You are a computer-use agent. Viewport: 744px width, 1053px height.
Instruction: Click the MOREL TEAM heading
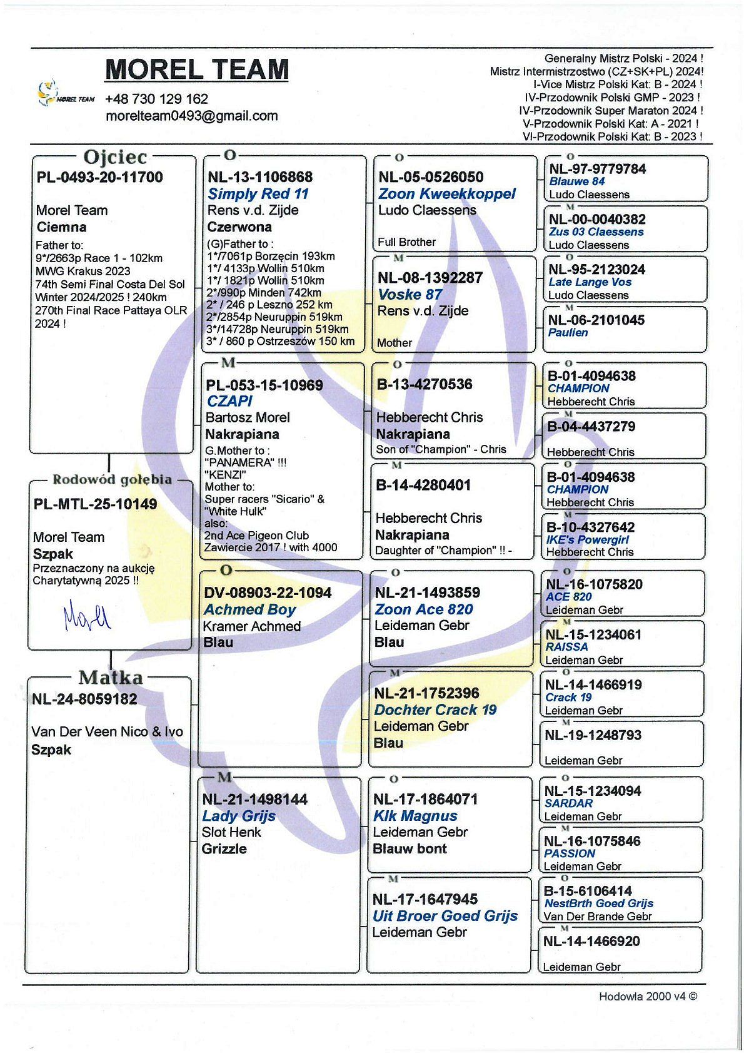[x=197, y=69]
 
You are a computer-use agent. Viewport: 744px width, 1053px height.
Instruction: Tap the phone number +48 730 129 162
[x=156, y=99]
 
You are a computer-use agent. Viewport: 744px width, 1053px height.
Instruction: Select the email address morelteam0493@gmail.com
[x=191, y=116]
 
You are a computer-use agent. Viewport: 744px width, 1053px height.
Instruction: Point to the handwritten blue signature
[x=87, y=614]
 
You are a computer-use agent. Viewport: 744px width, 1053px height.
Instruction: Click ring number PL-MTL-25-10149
[x=96, y=504]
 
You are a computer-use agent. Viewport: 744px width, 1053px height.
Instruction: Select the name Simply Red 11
[x=258, y=194]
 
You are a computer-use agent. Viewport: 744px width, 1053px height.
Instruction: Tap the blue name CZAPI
[x=229, y=401]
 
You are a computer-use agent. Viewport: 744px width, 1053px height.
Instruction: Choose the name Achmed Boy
[x=249, y=609]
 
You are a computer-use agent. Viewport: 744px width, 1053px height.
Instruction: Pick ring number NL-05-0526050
[x=431, y=177]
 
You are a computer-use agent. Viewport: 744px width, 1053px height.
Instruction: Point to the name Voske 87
[x=410, y=295]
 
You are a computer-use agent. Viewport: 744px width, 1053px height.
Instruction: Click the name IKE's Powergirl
[x=587, y=539]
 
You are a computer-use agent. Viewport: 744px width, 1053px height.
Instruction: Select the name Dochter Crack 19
[x=435, y=710]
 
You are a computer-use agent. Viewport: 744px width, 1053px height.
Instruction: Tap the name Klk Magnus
[x=415, y=816]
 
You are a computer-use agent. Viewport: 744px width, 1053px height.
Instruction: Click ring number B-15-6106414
[x=588, y=891]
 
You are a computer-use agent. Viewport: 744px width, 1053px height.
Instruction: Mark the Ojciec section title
[x=115, y=156]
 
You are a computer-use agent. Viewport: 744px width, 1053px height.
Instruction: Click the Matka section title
[x=111, y=678]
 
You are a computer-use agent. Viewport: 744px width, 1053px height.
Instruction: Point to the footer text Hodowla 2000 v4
[x=647, y=997]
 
